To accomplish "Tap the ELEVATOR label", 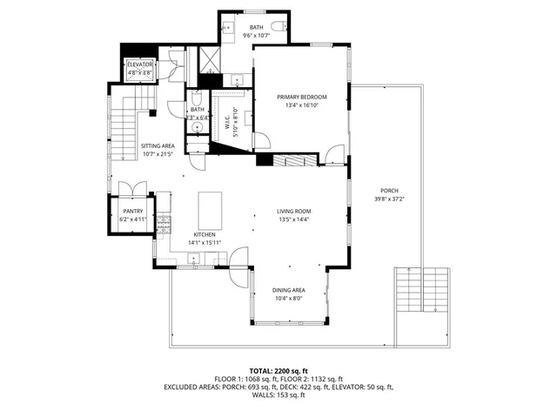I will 139,65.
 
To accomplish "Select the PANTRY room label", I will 132,211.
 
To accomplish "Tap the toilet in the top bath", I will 277,28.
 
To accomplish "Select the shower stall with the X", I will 211,60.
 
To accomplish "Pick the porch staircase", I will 422,289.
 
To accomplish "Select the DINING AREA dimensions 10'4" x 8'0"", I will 289,299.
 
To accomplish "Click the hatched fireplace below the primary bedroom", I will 295,160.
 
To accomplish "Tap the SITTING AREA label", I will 158,146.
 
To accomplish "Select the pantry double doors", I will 132,188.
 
